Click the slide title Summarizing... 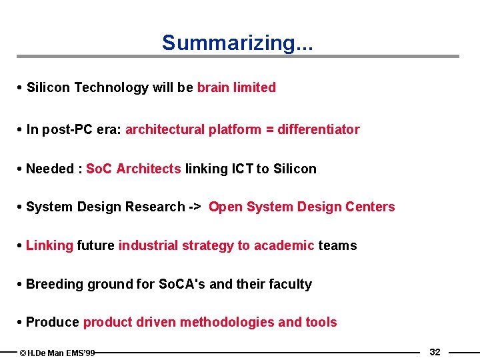(x=238, y=43)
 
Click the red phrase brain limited (x=236, y=87)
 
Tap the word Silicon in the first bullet (x=49, y=87)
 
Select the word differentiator (x=319, y=129)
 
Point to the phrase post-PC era (x=82, y=129)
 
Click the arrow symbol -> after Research (x=194, y=207)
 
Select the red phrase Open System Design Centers (x=301, y=207)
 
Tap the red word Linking (x=49, y=245)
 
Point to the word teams (x=337, y=245)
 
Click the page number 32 (x=435, y=352)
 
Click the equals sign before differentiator (x=269, y=129)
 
